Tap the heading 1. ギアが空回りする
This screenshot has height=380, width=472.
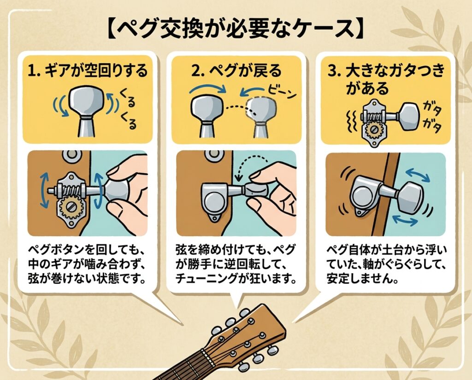point(88,71)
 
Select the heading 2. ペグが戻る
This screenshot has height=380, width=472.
point(236,71)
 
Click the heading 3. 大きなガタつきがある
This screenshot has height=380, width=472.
point(386,79)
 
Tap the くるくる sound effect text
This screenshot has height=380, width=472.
point(128,109)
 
